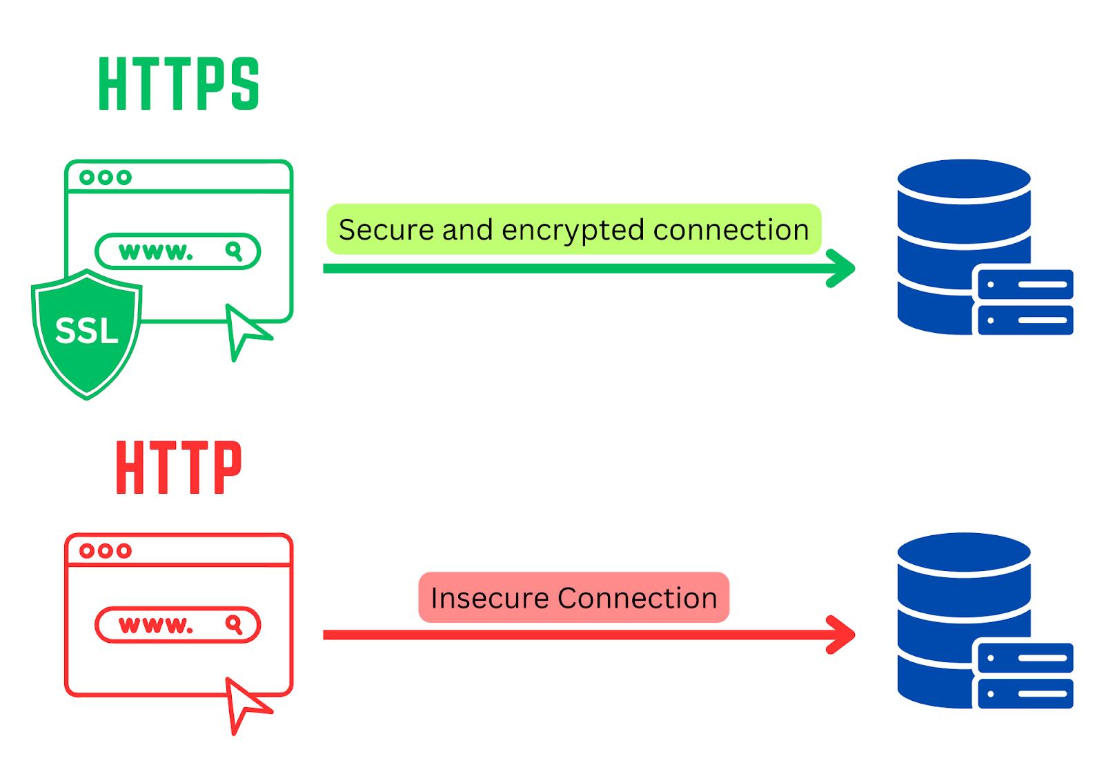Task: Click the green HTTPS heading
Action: [x=179, y=84]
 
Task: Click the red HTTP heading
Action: [x=179, y=467]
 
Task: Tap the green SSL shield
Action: [x=87, y=331]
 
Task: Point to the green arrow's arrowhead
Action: [x=842, y=268]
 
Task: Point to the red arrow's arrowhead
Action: [x=842, y=635]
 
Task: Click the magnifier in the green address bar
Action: [x=234, y=251]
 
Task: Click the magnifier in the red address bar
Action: [x=234, y=624]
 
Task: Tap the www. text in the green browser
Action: [x=156, y=251]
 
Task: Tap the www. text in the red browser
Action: [x=156, y=625]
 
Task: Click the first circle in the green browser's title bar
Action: [x=87, y=177]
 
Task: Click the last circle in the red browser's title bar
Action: [x=124, y=551]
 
